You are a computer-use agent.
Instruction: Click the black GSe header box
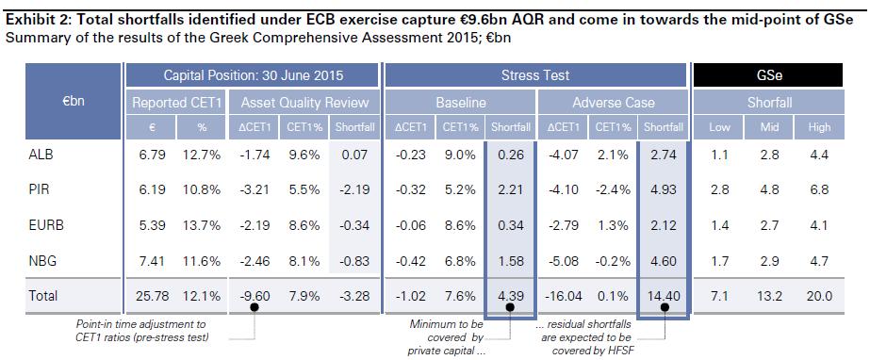point(768,74)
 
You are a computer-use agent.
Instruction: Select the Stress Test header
point(534,74)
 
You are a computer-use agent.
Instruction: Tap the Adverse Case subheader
point(613,103)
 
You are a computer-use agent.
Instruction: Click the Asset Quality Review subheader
point(304,103)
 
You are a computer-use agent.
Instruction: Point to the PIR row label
point(39,190)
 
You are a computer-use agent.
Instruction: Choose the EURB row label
point(42,226)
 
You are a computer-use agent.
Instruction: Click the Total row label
point(42,296)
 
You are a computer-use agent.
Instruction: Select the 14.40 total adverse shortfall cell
point(663,296)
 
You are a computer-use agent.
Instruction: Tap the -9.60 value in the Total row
point(254,296)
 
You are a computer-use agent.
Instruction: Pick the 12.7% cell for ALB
point(202,155)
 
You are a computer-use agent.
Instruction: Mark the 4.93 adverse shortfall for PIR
point(664,190)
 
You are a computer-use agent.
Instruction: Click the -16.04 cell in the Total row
point(563,296)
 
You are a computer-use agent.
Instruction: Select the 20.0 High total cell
point(819,296)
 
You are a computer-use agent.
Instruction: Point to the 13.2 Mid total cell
point(769,296)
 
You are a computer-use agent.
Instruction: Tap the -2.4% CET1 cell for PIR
point(612,190)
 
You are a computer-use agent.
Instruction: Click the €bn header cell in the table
point(74,102)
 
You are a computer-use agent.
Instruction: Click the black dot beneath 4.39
point(510,306)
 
